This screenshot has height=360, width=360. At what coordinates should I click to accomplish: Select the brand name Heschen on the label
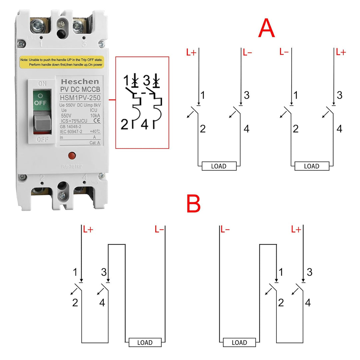click(x=80, y=82)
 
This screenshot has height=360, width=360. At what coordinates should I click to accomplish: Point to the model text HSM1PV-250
click(x=80, y=97)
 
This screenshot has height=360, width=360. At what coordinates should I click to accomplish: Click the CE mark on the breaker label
click(x=95, y=120)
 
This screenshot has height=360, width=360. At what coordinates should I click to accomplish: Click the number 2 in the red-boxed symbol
click(x=124, y=125)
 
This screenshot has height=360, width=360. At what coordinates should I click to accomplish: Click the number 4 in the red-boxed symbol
click(x=145, y=125)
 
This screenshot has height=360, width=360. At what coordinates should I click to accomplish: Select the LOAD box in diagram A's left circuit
click(x=219, y=166)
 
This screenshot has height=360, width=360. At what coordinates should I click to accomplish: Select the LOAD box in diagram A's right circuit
click(x=312, y=166)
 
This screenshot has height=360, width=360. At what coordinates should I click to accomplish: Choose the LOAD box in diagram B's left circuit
click(x=145, y=342)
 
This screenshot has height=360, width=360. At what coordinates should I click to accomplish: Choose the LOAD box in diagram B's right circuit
click(x=239, y=342)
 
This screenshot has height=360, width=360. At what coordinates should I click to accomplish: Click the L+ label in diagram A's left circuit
click(x=191, y=53)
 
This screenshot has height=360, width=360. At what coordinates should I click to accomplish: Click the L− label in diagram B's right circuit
click(x=225, y=229)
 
